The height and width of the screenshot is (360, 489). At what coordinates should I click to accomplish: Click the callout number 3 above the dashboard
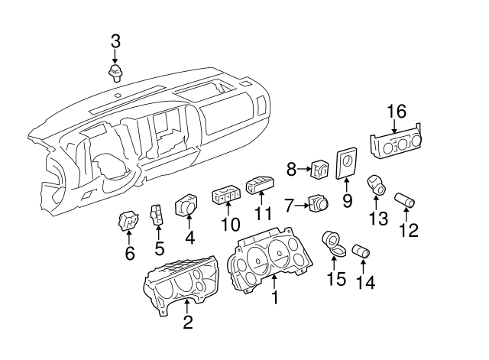coord(115,41)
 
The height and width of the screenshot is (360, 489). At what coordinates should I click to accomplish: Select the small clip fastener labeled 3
coord(115,73)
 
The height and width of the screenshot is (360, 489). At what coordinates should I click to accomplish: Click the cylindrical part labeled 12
coord(404,202)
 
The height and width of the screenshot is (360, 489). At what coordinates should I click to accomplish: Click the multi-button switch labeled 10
coord(226,196)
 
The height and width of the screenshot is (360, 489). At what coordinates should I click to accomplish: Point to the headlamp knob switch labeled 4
coord(186,206)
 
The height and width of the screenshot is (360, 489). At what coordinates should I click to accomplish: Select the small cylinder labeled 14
coord(361,251)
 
